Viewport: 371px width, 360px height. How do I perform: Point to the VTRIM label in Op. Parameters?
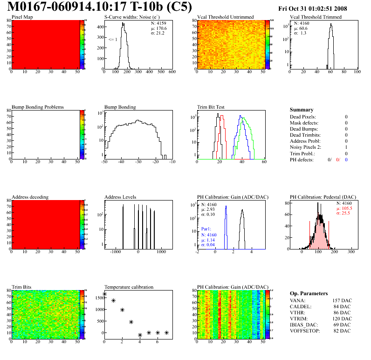(x=298, y=319)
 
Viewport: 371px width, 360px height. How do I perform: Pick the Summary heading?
(x=302, y=110)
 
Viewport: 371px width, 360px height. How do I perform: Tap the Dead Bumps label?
(x=303, y=129)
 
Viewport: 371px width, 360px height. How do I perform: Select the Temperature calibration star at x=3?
(x=131, y=322)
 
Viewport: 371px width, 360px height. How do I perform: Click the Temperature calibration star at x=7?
(x=166, y=332)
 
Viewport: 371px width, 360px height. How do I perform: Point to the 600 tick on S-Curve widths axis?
(x=171, y=72)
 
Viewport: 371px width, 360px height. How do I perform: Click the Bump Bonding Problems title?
(x=38, y=107)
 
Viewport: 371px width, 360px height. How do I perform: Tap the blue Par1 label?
(x=207, y=229)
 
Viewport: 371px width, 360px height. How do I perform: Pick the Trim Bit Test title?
(x=211, y=107)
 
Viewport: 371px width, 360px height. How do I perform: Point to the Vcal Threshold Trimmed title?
(x=316, y=17)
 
